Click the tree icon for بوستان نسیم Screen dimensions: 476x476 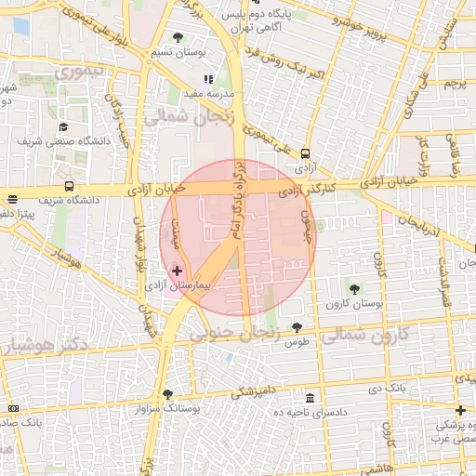[178, 38]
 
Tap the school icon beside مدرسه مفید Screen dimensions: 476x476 [208, 79]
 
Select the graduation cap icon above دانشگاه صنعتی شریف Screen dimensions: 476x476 [63, 127]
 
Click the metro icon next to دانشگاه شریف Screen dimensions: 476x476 [68, 186]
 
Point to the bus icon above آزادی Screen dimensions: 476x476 [306, 155]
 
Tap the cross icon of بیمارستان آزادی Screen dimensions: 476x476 [178, 271]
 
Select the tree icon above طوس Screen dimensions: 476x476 [297, 327]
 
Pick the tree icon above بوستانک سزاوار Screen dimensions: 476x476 [167, 393]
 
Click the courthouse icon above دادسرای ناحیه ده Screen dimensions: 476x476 [310, 397]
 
